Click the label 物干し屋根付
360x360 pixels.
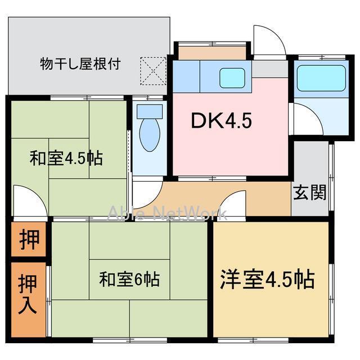pyautogui.click(x=80, y=63)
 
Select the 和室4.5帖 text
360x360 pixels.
pyautogui.click(x=66, y=158)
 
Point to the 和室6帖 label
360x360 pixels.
pyautogui.click(x=129, y=278)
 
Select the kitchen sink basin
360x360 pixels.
pyautogui.click(x=232, y=78)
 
